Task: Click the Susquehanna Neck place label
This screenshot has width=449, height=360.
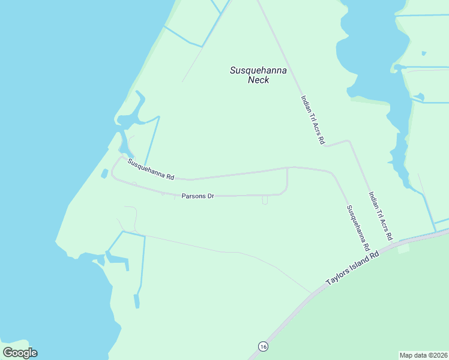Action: point(258,75)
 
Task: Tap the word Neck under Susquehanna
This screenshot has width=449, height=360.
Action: point(258,80)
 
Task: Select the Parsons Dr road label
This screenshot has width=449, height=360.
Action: point(197,196)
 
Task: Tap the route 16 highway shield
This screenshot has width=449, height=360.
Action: point(262,346)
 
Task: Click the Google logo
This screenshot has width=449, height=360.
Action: point(20,353)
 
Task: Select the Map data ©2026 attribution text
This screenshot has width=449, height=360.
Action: point(424,355)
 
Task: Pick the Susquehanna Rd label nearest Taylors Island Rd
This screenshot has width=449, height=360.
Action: point(357,228)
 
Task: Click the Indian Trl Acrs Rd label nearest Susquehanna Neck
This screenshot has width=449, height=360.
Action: point(313,120)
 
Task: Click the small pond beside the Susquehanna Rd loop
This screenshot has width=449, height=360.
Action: point(104,173)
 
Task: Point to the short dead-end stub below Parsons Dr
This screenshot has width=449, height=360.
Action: point(265,200)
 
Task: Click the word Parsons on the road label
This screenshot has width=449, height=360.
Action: point(192,196)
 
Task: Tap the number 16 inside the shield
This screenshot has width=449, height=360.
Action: point(262,346)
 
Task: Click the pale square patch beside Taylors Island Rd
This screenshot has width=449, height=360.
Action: point(403,248)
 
